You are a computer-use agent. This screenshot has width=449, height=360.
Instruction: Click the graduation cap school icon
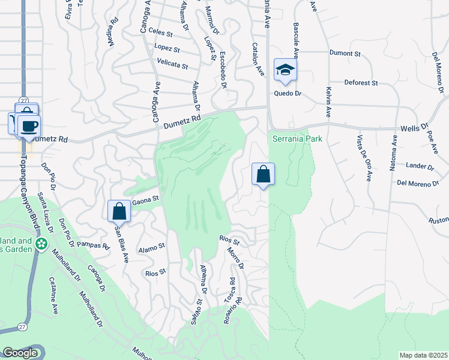tap(285, 70)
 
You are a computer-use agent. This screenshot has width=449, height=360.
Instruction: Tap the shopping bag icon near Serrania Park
tap(263, 175)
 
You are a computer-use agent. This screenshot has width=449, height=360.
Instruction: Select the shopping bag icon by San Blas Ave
tap(119, 211)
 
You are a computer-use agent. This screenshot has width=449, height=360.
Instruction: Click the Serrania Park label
tap(297, 139)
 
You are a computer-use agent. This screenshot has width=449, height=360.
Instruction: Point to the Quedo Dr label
tap(287, 94)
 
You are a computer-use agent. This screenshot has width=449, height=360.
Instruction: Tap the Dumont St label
tap(345, 53)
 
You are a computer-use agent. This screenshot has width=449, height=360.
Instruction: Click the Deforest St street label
tap(360, 83)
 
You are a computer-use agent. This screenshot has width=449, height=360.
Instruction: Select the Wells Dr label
tap(415, 128)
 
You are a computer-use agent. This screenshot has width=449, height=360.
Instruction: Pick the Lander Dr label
tap(420, 166)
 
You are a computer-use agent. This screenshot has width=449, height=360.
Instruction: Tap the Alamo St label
tap(151, 247)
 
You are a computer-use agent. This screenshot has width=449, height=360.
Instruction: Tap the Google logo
tap(19, 353)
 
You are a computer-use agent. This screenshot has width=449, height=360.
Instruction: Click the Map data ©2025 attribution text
tap(423, 355)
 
